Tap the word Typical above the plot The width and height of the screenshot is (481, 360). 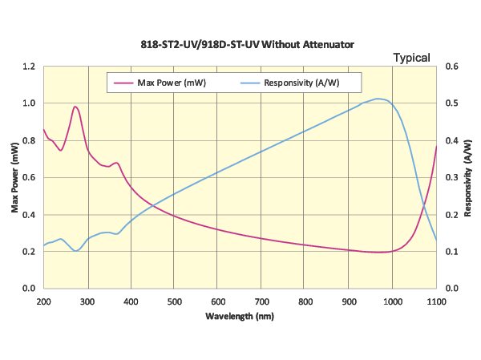point(411,58)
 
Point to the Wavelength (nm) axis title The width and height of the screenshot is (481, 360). point(239,316)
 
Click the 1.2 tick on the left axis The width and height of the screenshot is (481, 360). point(29,67)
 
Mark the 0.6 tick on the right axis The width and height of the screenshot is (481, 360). point(451,67)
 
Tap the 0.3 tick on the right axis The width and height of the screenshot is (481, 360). point(451,177)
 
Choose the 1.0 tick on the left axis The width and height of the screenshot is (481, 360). point(29,103)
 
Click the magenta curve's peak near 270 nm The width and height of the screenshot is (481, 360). point(75,107)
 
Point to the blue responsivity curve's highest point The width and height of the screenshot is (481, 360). point(379,99)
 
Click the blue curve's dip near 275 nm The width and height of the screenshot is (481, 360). point(76,251)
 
